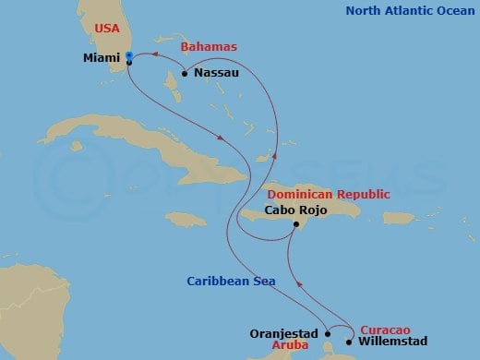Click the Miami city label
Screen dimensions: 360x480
click(x=102, y=57)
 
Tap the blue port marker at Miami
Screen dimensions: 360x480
click(x=128, y=57)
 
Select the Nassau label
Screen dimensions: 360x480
click(x=213, y=73)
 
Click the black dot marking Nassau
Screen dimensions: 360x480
click(x=185, y=73)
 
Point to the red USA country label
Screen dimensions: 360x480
click(x=107, y=29)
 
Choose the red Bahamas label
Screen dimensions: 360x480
click(x=208, y=45)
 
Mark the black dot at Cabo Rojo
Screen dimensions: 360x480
click(x=294, y=224)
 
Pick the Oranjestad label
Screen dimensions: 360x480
click(x=285, y=333)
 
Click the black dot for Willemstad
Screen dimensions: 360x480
click(x=348, y=342)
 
